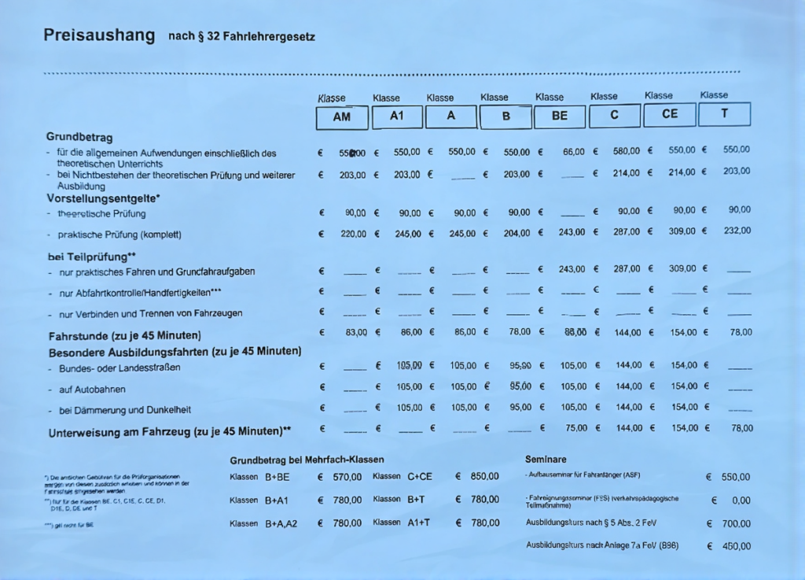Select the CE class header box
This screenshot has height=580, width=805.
coord(669,114)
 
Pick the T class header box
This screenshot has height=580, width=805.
coord(724,113)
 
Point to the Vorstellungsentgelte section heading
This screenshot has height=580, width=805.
coord(103,198)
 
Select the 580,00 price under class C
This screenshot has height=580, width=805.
coord(627,151)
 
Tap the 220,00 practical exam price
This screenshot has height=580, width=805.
coord(355,234)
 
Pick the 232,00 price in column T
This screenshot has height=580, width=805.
coord(737,231)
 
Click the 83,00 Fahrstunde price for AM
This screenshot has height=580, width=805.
coord(356,333)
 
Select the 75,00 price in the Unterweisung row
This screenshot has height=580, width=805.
coord(575,428)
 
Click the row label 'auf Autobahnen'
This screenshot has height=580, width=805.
coord(91,390)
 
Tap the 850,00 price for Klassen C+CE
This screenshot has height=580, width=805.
coord(484,476)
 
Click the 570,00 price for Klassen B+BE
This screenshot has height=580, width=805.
coord(347,477)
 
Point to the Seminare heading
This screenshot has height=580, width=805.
coord(546,459)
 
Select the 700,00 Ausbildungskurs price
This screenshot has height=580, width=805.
coord(736,523)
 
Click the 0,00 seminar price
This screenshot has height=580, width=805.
coord(741,501)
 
